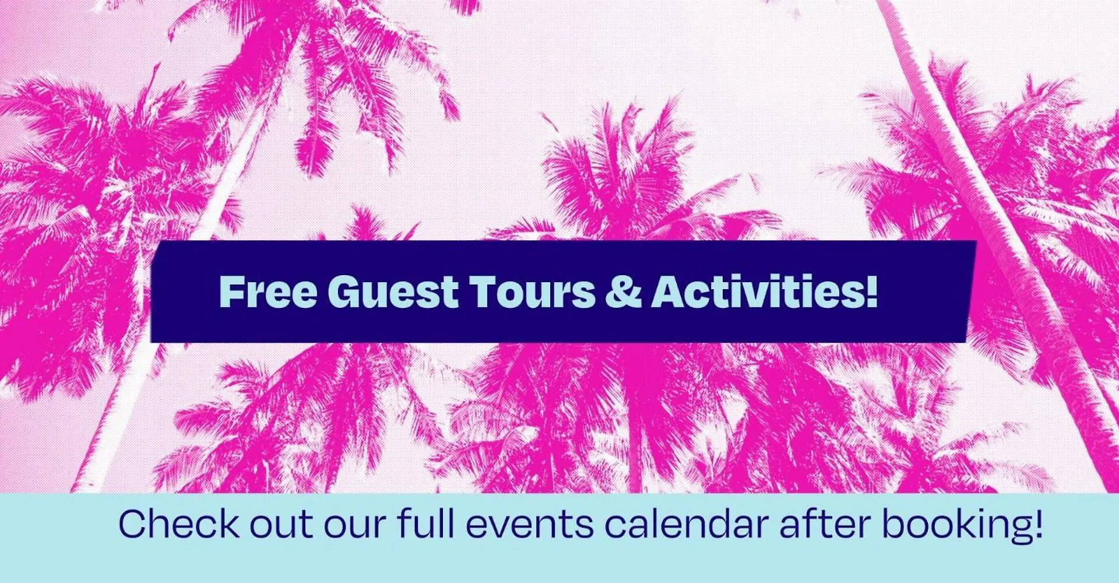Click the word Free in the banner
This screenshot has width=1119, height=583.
[268, 291]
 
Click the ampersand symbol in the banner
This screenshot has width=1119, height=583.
[624, 291]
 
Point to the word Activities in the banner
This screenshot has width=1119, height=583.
[758, 291]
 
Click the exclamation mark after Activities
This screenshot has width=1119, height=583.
[871, 291]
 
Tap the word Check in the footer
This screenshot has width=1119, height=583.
[179, 523]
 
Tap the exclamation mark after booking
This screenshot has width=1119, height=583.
[1036, 524]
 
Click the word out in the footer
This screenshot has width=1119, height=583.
[281, 525]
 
